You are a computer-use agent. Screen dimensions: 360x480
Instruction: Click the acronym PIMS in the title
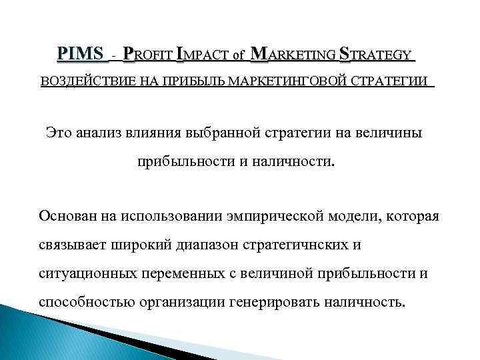click(x=81, y=53)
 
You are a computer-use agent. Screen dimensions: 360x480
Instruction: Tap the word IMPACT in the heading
click(x=203, y=53)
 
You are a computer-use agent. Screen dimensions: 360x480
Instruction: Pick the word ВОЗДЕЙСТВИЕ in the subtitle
click(x=81, y=81)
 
